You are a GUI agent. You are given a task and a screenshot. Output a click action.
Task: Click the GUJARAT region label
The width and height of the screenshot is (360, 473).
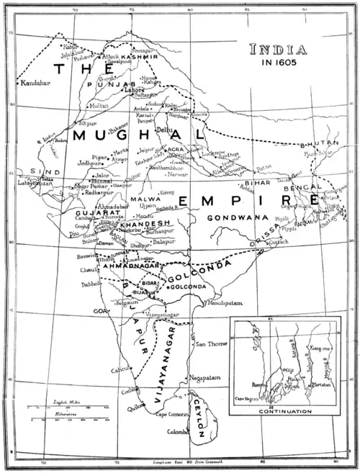92,215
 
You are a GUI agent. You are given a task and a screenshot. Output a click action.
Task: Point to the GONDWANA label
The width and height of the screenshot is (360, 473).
231,217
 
